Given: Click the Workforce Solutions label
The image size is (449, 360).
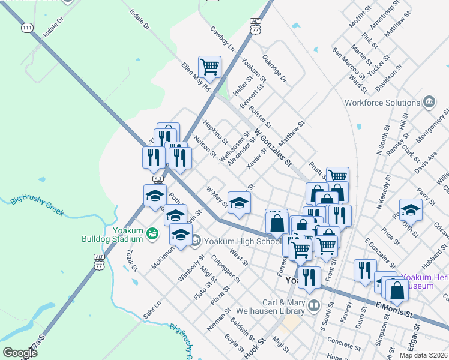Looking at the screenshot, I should click(382, 102).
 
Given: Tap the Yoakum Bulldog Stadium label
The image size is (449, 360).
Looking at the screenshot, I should click(113, 233).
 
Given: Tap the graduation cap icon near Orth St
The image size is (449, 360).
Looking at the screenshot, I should click(411, 209).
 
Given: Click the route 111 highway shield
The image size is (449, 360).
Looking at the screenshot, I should click(26, 28).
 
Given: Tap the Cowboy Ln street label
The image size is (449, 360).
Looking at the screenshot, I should click(221, 37).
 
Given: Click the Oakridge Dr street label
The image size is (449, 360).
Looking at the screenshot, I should click(275, 69).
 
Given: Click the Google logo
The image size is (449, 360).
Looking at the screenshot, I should click(20, 353).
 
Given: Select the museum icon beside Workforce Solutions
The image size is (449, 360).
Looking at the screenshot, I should click(429, 102).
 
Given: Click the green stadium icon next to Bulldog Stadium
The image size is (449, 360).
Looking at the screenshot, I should click(152, 232).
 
